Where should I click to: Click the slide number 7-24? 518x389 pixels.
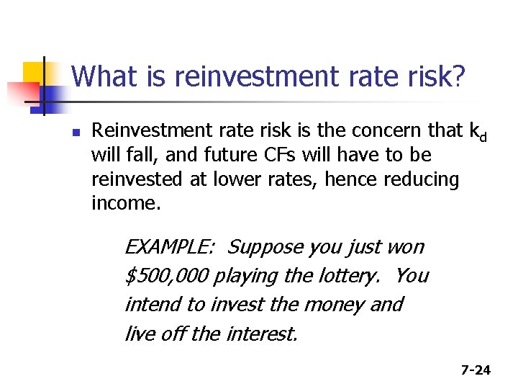476,370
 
